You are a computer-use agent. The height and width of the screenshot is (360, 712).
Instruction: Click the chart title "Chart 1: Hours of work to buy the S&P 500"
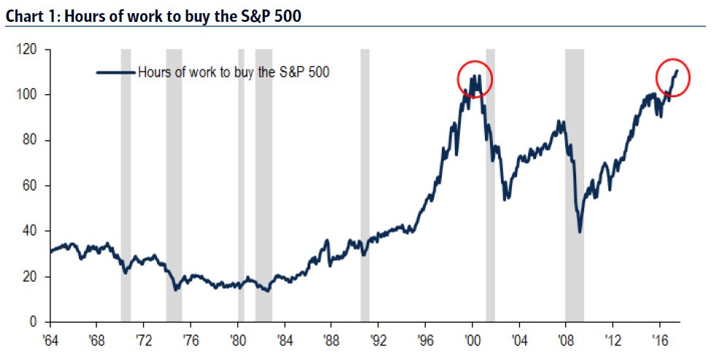pos(153,15)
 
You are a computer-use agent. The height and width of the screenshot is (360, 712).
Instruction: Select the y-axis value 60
pos(30,185)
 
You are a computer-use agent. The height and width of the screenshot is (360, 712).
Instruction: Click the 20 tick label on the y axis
pos(30,277)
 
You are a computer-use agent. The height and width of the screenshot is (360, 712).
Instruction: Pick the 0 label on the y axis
pos(33,322)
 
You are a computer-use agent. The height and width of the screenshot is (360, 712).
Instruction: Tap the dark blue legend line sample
pos(116,72)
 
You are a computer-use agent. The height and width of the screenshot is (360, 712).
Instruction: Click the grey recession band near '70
pos(126,183)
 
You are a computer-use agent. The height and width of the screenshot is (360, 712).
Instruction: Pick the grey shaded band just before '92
pos(365,183)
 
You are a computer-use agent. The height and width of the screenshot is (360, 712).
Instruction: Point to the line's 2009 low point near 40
pos(580,231)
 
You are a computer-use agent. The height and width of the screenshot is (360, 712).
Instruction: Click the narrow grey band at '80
pos(241,183)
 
